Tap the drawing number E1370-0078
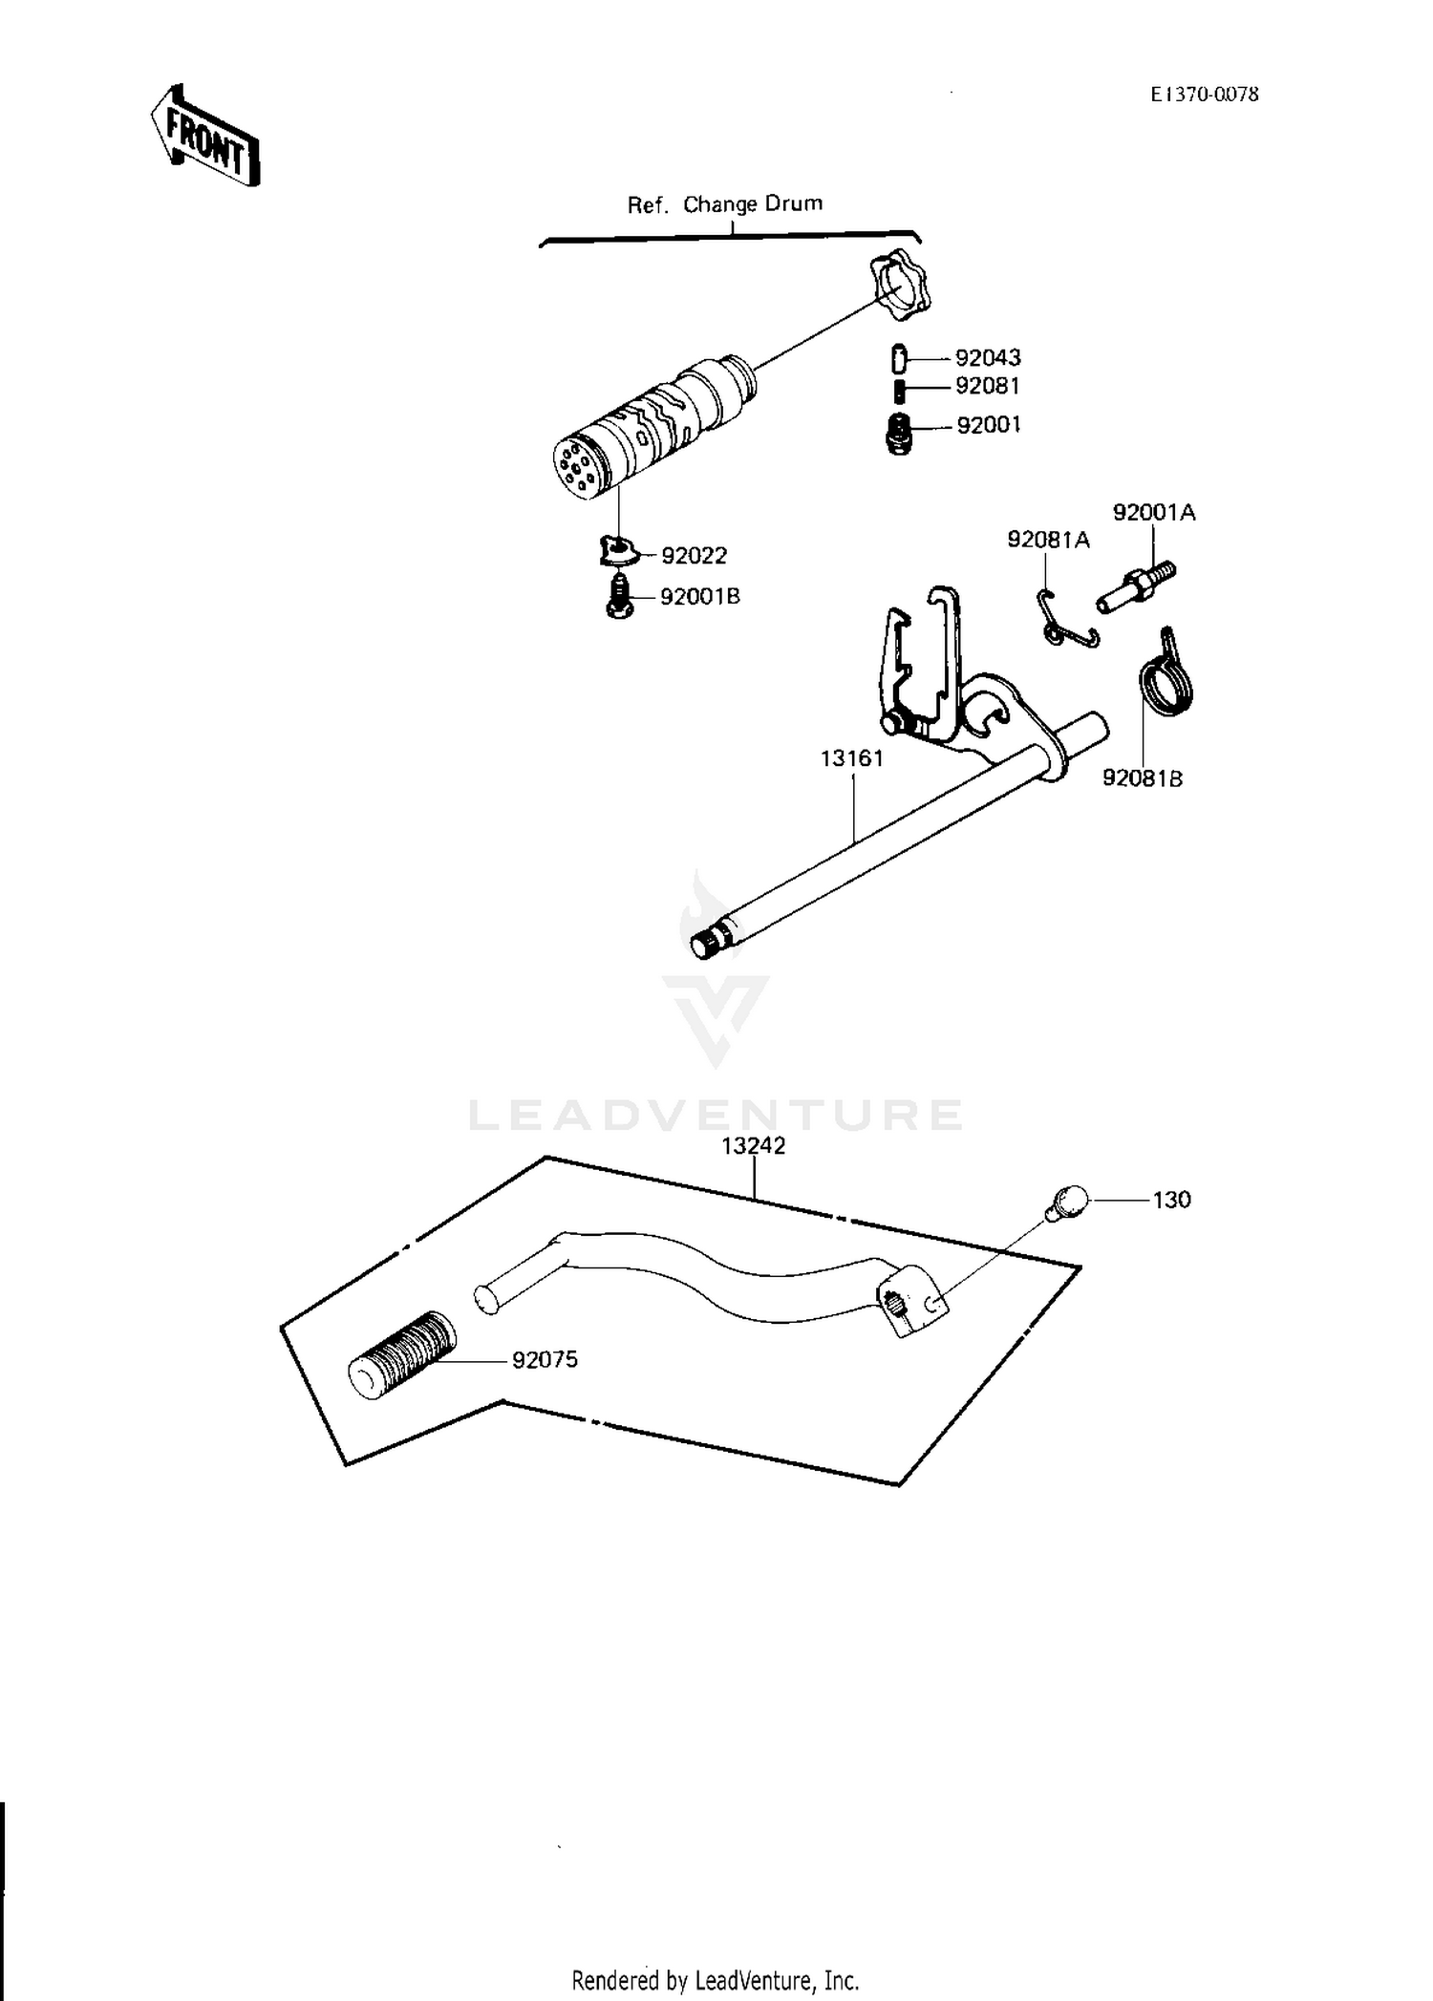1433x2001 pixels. pos(1204,94)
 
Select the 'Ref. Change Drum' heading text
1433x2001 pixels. pos(724,204)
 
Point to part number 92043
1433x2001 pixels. pos(988,358)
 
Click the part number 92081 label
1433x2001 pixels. pos(988,387)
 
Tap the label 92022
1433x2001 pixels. pos(695,556)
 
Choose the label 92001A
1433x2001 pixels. pos(1153,513)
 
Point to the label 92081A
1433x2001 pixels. pos(1048,541)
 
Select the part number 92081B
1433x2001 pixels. pos(1142,779)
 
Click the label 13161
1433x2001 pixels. pos(852,758)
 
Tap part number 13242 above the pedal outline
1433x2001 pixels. pos(754,1146)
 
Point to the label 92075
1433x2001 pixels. pos(545,1360)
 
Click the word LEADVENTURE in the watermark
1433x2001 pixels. pos(716,1115)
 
